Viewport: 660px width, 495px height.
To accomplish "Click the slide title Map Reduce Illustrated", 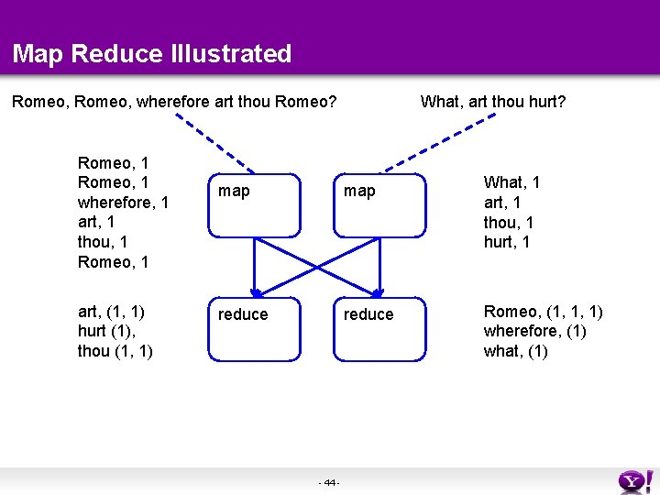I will tap(152, 53).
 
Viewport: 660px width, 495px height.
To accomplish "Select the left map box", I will tap(255, 205).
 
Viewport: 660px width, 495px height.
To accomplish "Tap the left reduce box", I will tap(255, 328).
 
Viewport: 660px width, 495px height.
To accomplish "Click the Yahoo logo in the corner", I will tap(635, 480).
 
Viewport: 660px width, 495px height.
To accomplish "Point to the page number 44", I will tap(329, 482).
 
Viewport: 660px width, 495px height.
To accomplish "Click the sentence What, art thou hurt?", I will tap(492, 101).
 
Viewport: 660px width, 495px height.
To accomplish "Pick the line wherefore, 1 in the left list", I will tap(124, 202).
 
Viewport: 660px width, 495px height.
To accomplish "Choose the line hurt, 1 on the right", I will tap(507, 242).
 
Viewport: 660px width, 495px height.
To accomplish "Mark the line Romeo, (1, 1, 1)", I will tap(544, 312).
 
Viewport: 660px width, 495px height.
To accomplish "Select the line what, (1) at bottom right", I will tap(515, 350).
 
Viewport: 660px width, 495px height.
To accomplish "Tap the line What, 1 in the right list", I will tap(511, 182).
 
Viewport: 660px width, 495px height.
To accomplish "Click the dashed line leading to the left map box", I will tap(211, 144).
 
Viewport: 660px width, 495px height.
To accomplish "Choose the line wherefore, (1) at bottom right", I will tap(535, 331).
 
